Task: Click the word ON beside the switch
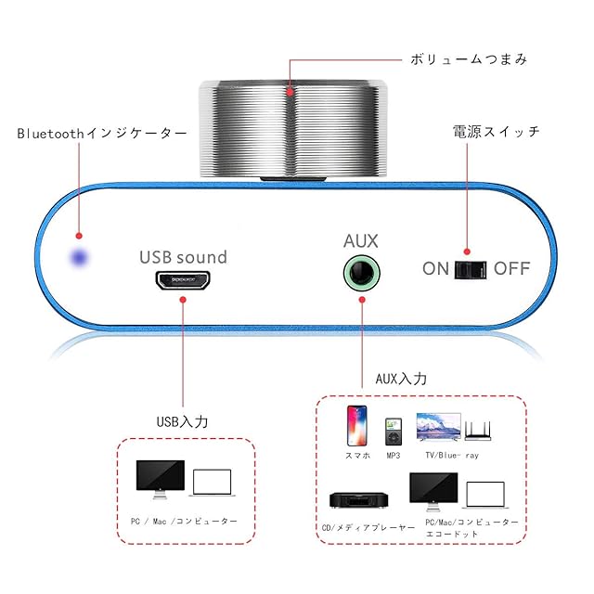coord(435,269)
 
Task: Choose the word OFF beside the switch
coord(511,269)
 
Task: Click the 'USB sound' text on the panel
coord(183,257)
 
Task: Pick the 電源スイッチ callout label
coord(496,132)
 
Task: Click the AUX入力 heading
coord(401,379)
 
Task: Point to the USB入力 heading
coord(182,422)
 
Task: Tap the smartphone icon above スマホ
coord(357,426)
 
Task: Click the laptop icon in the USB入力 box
coord(213,483)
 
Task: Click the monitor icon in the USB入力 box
coord(160,478)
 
